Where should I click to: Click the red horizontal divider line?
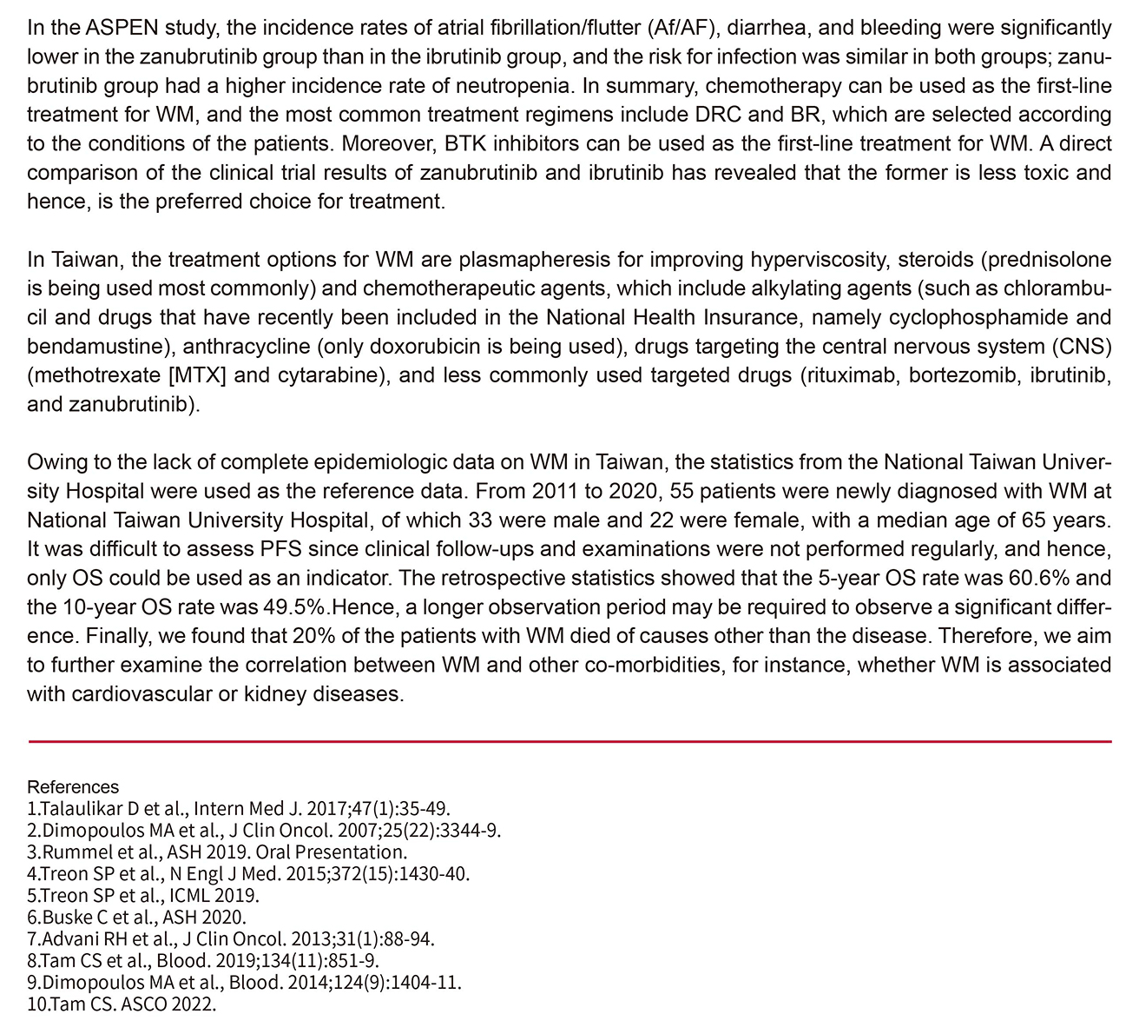[x=569, y=741]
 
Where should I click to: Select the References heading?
[x=73, y=787]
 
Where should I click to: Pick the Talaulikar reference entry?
[x=238, y=806]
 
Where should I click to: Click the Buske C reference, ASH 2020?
[x=137, y=918]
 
